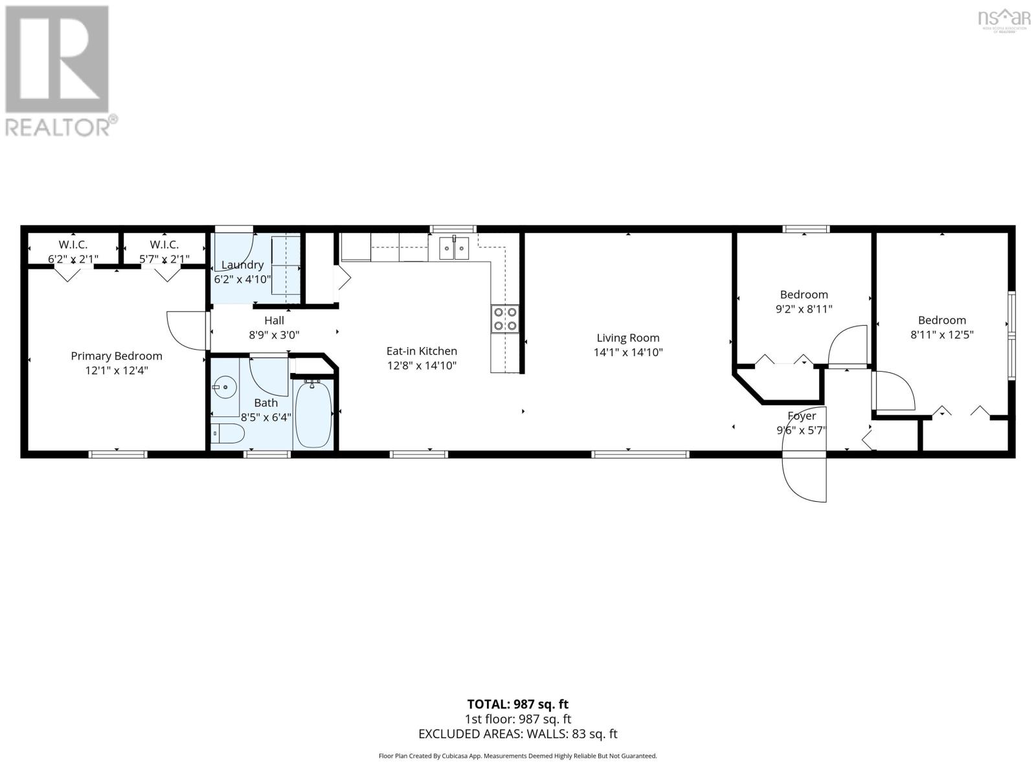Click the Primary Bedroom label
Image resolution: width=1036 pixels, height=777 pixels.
coord(117,356)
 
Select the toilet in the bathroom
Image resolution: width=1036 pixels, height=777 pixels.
coord(227,433)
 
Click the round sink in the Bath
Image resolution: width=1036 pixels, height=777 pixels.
coord(225,389)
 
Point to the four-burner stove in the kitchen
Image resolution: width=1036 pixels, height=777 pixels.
coord(505,318)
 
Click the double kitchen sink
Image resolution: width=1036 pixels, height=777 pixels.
coord(454,247)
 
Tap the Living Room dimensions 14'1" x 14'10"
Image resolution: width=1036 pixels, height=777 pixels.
coord(628,353)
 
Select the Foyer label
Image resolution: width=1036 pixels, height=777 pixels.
coord(802,416)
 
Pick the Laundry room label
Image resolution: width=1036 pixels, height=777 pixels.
coord(242,265)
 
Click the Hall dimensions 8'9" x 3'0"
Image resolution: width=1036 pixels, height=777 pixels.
coord(274,335)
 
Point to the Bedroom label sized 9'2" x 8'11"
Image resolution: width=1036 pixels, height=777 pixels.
coord(804,295)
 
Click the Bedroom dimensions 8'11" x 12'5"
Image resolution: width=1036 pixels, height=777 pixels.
coord(942,335)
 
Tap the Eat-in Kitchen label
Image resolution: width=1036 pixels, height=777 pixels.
coord(422,351)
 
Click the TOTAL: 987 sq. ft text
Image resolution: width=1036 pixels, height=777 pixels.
coord(518,704)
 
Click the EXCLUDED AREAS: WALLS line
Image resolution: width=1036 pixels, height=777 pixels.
coord(518,734)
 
